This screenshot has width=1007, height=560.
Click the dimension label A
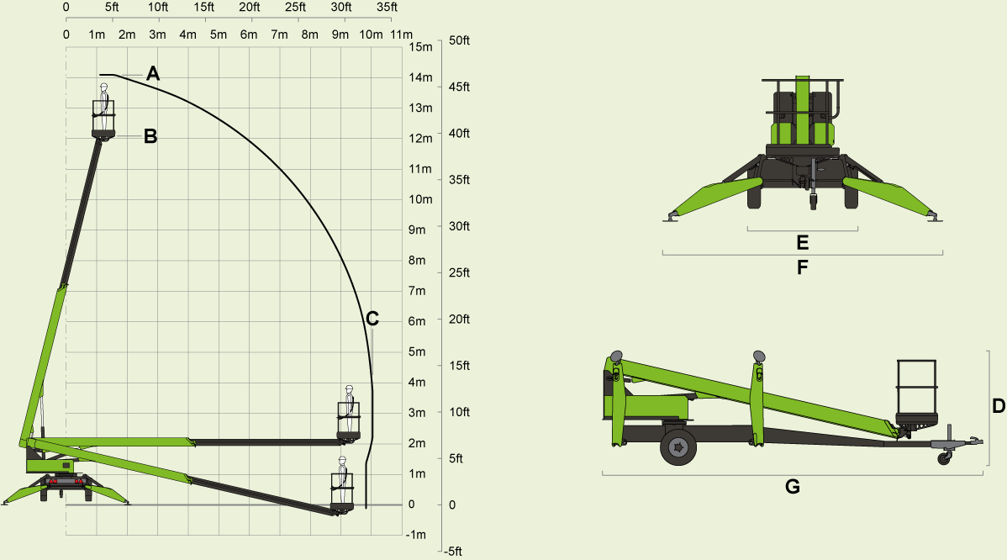point(153,74)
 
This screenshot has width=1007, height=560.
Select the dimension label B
point(150,136)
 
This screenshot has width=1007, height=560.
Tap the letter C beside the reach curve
point(372,319)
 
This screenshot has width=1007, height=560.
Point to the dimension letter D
point(999,406)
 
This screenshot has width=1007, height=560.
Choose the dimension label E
point(802,243)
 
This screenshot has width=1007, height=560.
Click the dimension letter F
point(802,267)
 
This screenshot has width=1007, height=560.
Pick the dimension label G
point(792,486)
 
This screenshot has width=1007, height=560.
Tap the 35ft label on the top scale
point(387,8)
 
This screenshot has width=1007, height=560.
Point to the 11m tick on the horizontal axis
point(401,34)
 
